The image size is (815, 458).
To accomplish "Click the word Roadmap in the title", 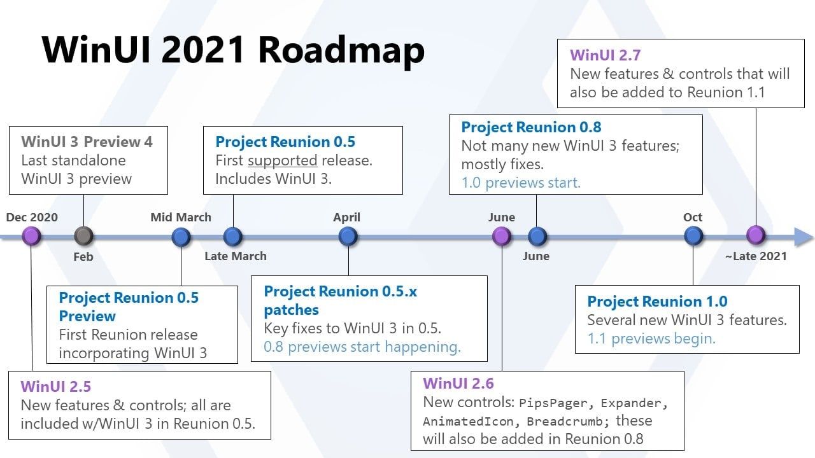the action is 341,51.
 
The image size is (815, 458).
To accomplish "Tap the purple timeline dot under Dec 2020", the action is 31,236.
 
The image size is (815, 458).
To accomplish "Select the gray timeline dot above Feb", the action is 83,236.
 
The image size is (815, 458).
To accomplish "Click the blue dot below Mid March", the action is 181,237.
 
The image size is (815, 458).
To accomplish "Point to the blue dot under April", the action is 348,237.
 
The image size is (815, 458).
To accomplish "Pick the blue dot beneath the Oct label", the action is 693,236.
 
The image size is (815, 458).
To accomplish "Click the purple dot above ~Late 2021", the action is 756,235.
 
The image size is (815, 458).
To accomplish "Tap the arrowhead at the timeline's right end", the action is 804,237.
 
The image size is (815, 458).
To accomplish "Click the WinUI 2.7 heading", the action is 605,55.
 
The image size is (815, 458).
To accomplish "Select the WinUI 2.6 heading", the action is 458,384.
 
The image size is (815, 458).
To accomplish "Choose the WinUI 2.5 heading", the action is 55,386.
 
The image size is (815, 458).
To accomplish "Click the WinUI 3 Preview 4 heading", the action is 87,142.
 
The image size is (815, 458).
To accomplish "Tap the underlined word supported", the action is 283,161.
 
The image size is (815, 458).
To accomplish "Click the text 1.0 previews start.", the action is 521,183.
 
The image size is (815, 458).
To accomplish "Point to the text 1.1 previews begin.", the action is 651,338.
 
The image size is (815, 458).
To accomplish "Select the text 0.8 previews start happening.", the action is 362,347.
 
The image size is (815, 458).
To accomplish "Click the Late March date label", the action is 236,256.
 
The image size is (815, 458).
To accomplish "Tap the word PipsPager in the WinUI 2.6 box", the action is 553,403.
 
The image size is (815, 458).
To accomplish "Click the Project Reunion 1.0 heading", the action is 657,302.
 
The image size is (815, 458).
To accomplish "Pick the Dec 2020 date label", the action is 32,217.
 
